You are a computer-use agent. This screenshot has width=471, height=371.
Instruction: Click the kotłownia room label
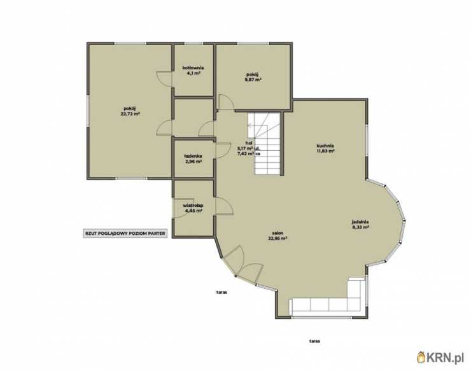[x=193, y=67]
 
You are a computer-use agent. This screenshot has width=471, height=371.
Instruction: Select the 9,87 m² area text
[x=253, y=80]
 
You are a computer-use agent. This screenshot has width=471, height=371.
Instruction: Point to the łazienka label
[x=193, y=156]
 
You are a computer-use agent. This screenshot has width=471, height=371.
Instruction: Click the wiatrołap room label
[x=193, y=206]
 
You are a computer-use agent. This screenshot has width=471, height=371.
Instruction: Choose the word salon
[x=278, y=233]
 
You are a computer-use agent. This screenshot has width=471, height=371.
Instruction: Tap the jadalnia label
[x=360, y=222]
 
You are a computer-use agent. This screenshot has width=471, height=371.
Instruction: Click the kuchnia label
[x=326, y=146]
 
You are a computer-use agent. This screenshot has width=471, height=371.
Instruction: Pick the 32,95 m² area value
[x=278, y=238]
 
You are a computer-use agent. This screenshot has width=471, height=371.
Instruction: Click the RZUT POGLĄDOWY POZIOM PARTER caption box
[x=125, y=234]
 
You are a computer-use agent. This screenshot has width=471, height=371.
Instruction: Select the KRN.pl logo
[x=440, y=357]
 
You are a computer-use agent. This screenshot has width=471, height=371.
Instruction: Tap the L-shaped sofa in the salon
[x=327, y=300]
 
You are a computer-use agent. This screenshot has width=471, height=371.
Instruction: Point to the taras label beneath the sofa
[x=314, y=341]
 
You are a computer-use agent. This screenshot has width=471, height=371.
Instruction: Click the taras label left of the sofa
[x=221, y=291]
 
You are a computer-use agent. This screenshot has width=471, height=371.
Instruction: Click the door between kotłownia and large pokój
[x=165, y=79]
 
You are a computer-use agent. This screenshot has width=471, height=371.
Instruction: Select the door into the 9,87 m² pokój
[x=226, y=102]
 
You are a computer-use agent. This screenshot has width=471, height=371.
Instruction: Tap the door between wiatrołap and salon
[x=224, y=206]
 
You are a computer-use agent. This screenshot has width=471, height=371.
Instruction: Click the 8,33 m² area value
[x=360, y=227]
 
